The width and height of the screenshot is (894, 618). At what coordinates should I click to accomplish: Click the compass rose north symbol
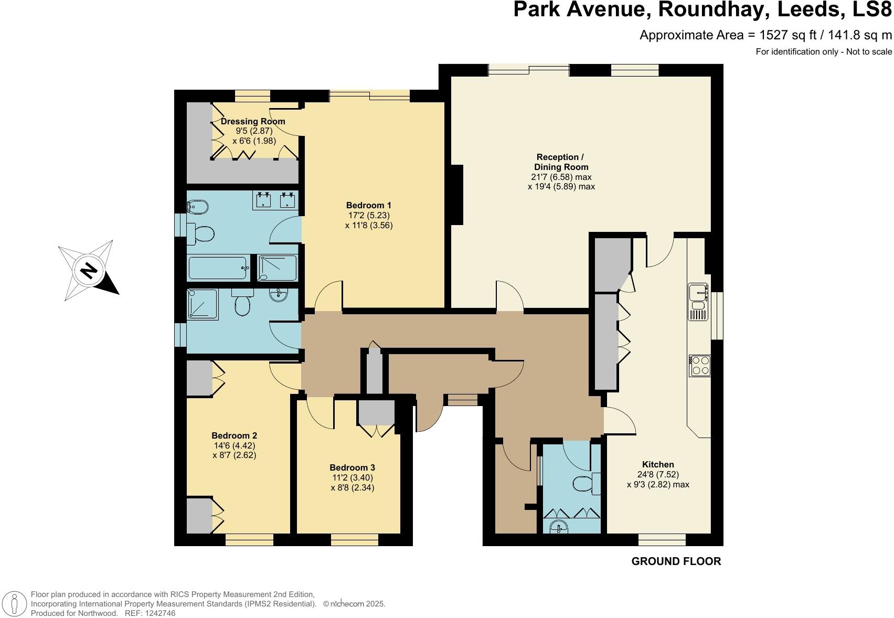pos(88,271)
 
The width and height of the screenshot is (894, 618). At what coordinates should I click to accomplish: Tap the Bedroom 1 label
pos(368,205)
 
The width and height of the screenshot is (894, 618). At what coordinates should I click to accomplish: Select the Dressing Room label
pos(253,121)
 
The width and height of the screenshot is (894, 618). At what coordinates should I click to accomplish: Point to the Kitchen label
pos(658,464)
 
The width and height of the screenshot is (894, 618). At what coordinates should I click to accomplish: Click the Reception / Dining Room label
pos(560,162)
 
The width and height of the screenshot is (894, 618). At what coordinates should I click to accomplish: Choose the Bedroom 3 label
pos(352,467)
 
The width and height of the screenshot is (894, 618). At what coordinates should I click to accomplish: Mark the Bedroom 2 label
pos(234,435)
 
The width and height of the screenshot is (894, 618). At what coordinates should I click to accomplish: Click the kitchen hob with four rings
pos(700,365)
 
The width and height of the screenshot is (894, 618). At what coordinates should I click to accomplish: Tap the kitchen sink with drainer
pos(698,302)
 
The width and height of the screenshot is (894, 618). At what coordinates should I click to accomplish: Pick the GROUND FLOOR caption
pos(676,561)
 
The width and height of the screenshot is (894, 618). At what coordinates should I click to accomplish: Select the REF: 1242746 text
pos(150,613)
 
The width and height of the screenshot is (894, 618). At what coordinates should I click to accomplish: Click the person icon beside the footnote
pos(14,603)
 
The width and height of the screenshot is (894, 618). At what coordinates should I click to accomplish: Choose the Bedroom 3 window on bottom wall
pos(355,539)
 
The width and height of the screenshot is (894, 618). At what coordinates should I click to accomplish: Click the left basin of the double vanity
pos(263,199)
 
